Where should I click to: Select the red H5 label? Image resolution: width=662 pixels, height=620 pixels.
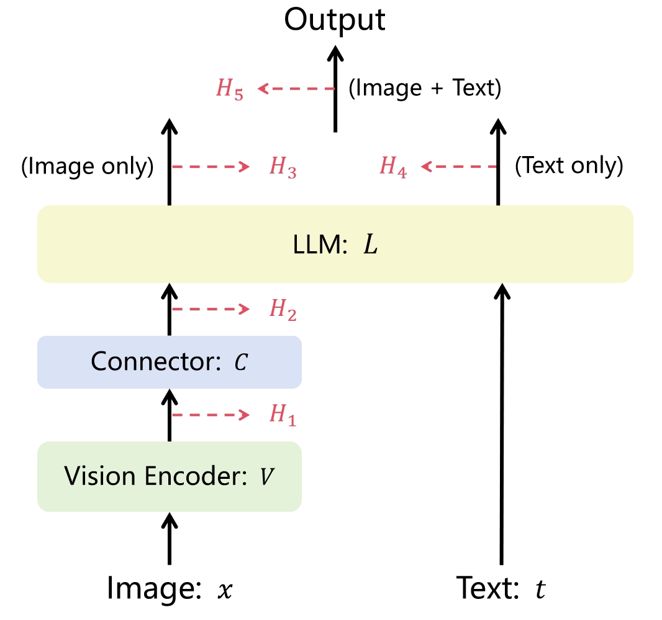click(229, 90)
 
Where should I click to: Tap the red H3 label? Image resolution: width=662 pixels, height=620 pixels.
click(283, 168)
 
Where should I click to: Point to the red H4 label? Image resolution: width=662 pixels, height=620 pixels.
click(394, 168)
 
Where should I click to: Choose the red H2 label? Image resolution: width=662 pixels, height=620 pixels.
click(283, 309)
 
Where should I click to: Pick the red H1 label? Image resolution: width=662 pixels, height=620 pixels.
click(283, 415)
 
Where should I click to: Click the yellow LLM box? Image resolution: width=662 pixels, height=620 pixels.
click(335, 244)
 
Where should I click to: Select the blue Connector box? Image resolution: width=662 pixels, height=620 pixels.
click(169, 362)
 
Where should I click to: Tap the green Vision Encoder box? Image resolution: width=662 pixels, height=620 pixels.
click(169, 476)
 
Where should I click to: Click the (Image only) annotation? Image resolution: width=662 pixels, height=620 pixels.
click(87, 167)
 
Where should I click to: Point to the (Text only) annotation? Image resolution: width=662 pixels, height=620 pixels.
click(569, 167)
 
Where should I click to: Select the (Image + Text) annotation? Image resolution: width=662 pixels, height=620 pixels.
click(425, 89)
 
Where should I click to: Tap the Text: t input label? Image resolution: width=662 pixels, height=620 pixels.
click(501, 587)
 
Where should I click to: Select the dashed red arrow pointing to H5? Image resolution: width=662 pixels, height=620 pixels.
click(296, 89)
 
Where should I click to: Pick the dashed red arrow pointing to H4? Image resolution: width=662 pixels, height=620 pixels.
click(459, 167)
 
